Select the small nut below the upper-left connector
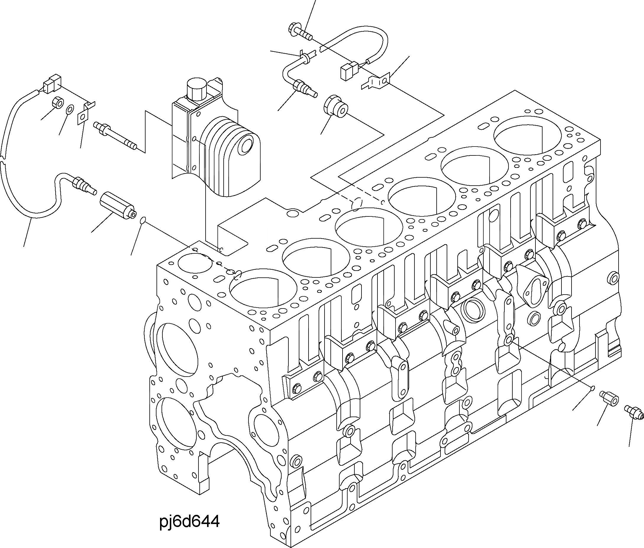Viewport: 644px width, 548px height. [57, 103]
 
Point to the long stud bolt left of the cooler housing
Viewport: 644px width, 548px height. [116, 136]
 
